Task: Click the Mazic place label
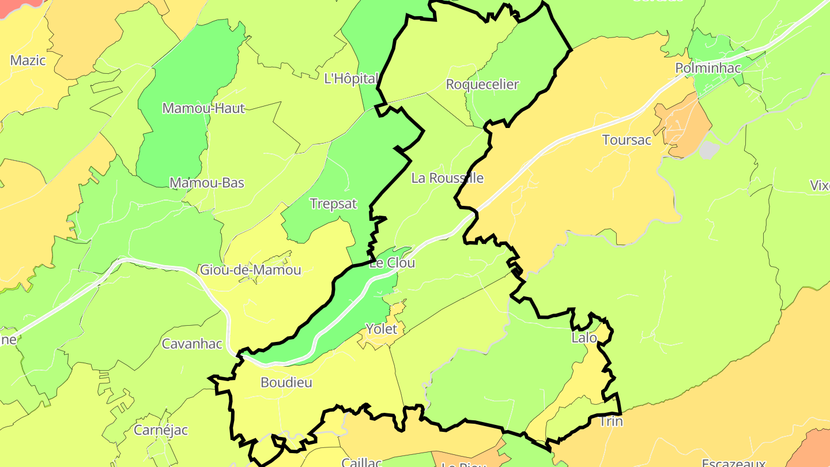[28, 60]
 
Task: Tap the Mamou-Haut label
[203, 108]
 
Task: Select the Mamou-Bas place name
[206, 183]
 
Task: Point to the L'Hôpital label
[351, 78]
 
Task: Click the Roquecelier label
[482, 84]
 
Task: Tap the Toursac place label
[627, 140]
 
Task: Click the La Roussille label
[447, 178]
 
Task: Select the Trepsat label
[333, 204]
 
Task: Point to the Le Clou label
[392, 263]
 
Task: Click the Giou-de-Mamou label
[250, 270]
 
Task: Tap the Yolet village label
[382, 329]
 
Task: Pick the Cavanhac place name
[192, 344]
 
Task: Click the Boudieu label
[286, 382]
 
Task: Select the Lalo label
[584, 338]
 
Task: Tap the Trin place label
[611, 421]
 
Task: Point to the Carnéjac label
[161, 430]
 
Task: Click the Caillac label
[361, 462]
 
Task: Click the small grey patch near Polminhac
[709, 150]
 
